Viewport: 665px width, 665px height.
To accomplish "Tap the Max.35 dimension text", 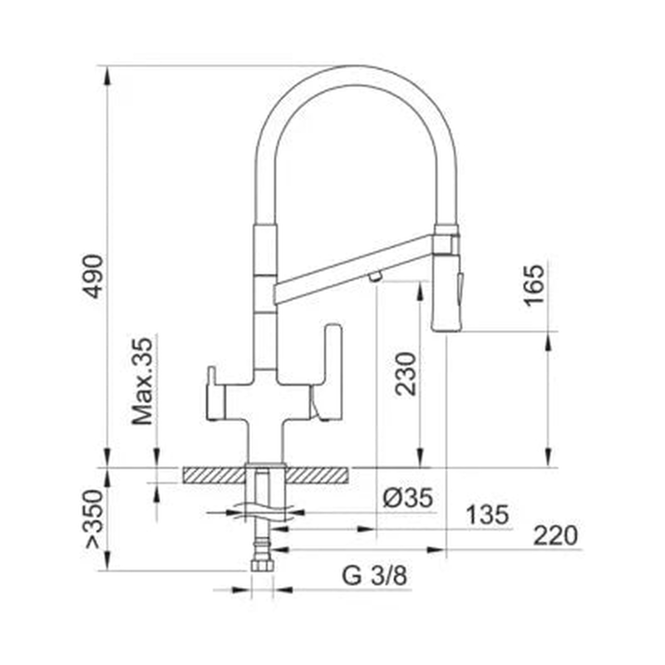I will (144, 381).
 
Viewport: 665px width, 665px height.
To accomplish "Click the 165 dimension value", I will (535, 285).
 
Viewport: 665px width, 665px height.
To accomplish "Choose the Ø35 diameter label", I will (408, 498).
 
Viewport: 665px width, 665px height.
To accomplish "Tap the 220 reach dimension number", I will (554, 536).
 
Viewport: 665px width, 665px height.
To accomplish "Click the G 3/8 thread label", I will (376, 576).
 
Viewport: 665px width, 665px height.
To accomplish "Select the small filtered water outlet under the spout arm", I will (375, 276).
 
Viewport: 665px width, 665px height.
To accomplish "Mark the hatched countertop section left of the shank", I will (214, 475).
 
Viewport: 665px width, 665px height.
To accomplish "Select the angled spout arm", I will (353, 264).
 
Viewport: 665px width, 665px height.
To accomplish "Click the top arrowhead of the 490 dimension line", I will (106, 74).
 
